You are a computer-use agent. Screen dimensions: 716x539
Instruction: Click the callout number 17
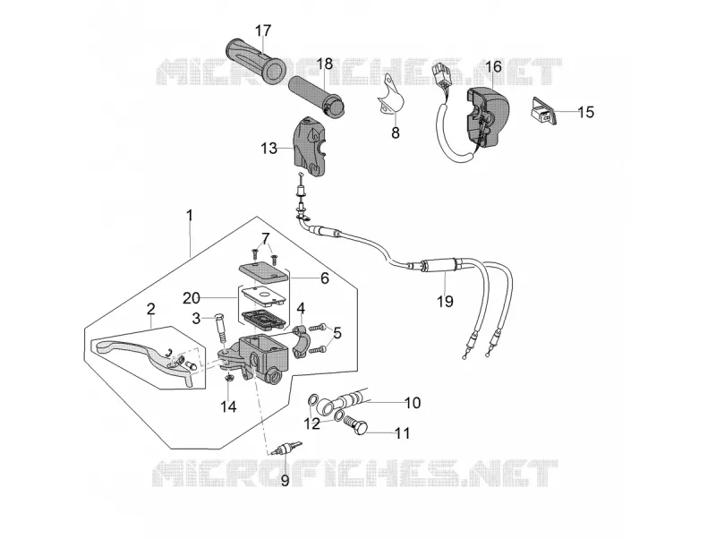[x=263, y=31]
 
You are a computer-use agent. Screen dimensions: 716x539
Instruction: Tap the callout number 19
[x=445, y=302]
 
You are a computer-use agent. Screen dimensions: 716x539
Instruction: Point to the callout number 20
[x=192, y=298]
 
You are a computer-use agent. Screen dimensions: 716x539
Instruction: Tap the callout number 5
[x=337, y=333]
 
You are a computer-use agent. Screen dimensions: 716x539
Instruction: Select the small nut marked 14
[x=230, y=377]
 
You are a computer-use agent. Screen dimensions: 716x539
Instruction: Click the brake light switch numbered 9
[x=285, y=448]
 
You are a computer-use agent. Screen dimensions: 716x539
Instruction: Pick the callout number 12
[x=312, y=423]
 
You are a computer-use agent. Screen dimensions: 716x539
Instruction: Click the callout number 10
[x=413, y=402]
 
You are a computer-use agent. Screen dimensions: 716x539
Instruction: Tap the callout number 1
[x=190, y=215]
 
